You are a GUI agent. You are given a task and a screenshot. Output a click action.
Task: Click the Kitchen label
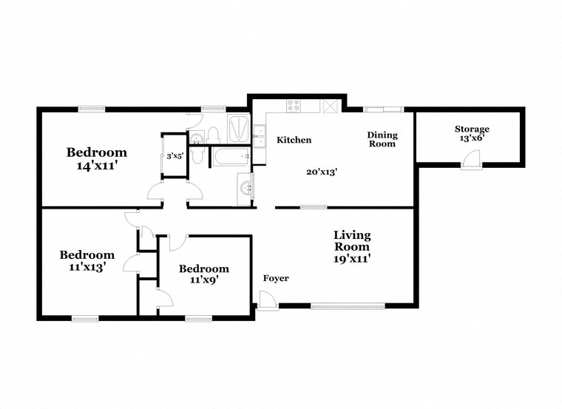point(294,140)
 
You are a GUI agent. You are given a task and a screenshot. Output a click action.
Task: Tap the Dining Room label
point(383,139)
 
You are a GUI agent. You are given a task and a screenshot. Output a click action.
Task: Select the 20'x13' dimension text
point(322,171)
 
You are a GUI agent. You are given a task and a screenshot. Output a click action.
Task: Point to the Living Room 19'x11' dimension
point(351,259)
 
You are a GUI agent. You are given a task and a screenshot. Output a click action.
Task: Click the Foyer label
point(276,278)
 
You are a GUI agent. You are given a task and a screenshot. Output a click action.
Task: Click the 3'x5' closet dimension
point(175,155)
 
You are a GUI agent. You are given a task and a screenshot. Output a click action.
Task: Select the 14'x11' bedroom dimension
point(97,166)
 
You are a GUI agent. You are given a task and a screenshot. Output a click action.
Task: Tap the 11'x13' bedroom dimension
point(87,268)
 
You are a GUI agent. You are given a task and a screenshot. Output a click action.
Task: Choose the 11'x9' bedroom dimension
point(203,280)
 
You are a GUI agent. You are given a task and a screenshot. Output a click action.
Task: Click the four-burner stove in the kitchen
point(294,106)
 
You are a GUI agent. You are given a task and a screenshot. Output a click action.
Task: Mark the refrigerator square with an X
point(331,106)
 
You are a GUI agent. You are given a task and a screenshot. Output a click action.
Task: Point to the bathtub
point(230,157)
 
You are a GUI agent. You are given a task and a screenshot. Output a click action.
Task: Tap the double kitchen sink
point(260,135)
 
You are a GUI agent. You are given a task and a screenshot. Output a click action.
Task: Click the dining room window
point(383,110)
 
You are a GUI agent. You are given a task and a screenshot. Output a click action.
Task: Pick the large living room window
point(348,304)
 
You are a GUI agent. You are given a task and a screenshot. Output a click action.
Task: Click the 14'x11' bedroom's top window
point(92,109)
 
